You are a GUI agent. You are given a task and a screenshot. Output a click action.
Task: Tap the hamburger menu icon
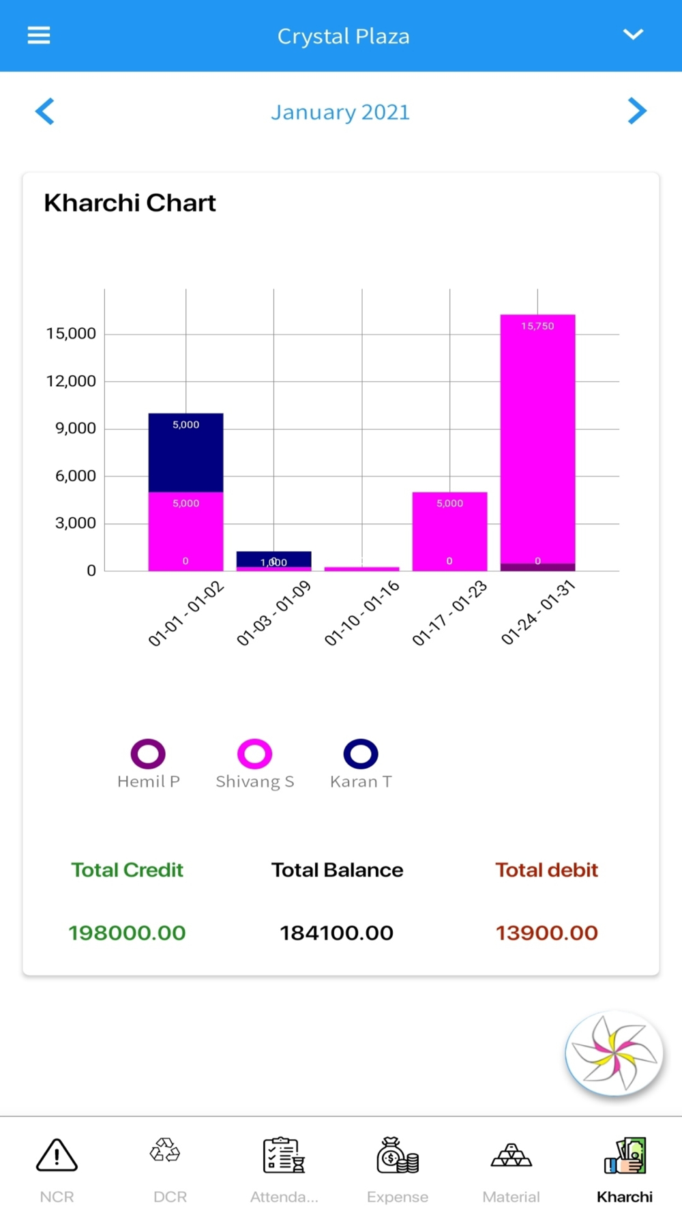(39, 35)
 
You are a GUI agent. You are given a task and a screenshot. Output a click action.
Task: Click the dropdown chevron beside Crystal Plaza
(633, 35)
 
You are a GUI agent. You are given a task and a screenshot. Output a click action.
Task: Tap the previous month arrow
(45, 111)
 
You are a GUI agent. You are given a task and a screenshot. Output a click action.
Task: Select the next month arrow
(636, 111)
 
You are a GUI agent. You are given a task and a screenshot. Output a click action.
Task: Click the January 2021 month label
(340, 112)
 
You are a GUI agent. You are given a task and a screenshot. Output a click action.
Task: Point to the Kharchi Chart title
(130, 203)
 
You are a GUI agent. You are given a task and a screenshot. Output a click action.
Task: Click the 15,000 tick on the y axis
(71, 334)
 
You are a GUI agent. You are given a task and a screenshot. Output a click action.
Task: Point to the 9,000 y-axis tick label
(75, 428)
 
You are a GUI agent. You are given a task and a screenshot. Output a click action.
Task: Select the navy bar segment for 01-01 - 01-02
(186, 452)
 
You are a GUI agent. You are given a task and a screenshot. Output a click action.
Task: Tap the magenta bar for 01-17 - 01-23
(449, 531)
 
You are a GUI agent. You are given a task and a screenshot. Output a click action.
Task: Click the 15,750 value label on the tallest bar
(537, 326)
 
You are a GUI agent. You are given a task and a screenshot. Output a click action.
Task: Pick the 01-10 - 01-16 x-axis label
(361, 613)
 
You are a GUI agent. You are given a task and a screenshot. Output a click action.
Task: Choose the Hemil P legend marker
(148, 754)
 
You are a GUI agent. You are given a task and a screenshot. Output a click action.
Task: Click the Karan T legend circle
(361, 754)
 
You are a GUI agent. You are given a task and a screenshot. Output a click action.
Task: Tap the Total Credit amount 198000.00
(127, 933)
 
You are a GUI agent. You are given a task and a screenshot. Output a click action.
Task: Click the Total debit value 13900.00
(546, 933)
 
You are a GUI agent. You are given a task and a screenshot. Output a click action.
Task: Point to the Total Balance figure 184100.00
(336, 933)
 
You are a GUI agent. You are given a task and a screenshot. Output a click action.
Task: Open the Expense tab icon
(398, 1156)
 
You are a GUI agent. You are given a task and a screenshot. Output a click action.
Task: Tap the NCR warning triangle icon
(57, 1156)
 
